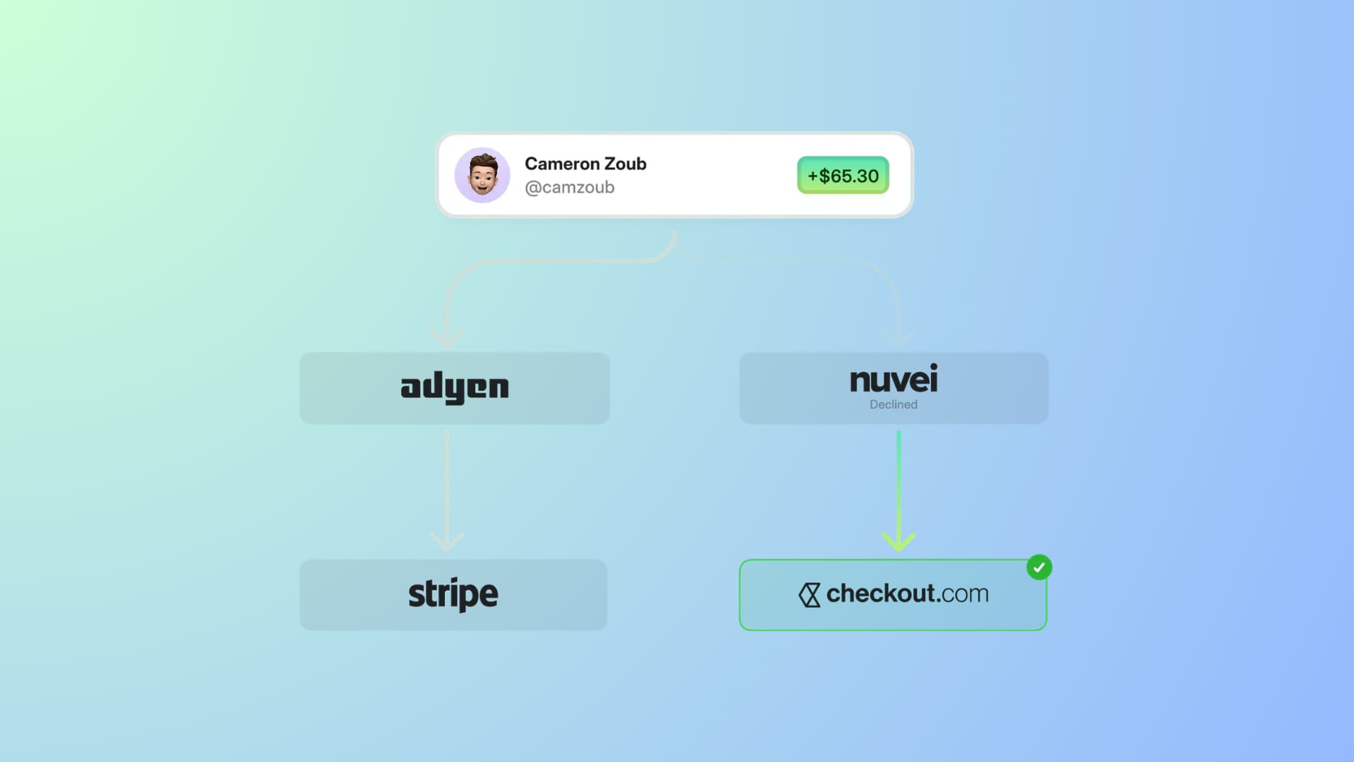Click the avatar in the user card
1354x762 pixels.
click(482, 175)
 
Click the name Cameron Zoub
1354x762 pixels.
click(585, 164)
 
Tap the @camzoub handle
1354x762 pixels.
click(570, 188)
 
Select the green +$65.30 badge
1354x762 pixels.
click(843, 175)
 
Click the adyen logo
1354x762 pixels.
click(455, 387)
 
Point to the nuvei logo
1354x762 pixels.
click(893, 380)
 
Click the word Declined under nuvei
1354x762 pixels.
click(893, 404)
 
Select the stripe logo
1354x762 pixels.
click(453, 594)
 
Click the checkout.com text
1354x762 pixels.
click(907, 594)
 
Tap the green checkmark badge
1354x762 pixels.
click(1039, 567)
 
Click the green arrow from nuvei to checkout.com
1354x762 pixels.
click(898, 487)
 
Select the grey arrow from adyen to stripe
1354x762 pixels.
click(446, 487)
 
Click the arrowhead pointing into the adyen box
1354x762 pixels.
click(446, 339)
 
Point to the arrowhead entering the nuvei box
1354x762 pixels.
click(898, 339)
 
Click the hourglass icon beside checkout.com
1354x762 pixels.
click(810, 595)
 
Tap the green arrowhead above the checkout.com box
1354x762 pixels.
click(898, 542)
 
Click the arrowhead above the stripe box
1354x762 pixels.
click(446, 542)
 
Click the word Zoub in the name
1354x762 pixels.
click(626, 164)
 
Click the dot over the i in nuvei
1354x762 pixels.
click(933, 367)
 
